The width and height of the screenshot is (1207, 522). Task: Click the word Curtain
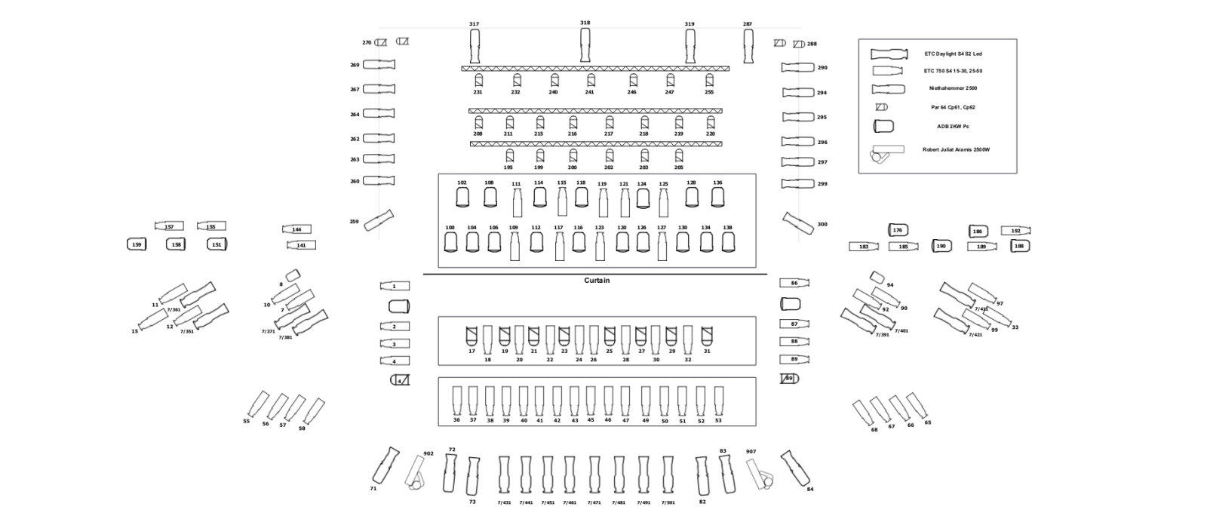[x=597, y=281]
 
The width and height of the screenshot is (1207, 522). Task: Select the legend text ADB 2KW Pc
[x=953, y=126]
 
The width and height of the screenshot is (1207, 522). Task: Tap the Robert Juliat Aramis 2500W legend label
[x=956, y=149]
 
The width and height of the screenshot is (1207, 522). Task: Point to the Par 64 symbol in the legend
[x=880, y=107]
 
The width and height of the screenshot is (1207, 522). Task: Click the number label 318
[x=585, y=23]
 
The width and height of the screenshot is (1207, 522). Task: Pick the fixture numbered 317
[x=475, y=47]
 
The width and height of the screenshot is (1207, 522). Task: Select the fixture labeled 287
[x=748, y=47]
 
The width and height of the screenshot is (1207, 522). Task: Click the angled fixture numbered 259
[x=379, y=220]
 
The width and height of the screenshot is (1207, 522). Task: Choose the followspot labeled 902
[x=416, y=472]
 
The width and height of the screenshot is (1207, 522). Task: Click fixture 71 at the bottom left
[x=385, y=465]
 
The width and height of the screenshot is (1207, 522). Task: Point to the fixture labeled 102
[x=462, y=198]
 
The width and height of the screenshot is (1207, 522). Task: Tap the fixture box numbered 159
[x=137, y=244]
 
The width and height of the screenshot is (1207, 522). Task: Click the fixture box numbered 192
[x=1015, y=231]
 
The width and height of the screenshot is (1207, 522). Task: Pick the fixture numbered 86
[x=794, y=284]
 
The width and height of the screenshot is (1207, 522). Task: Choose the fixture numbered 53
[x=718, y=400]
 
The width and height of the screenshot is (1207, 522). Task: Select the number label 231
[x=478, y=92]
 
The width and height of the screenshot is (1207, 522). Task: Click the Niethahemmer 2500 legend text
[x=953, y=88]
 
